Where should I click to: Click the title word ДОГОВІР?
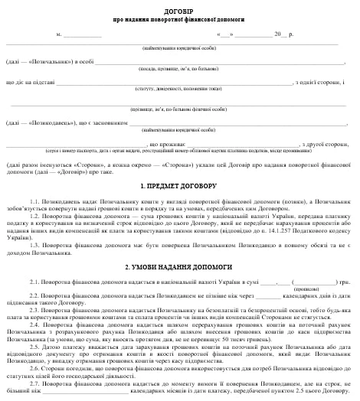pyautogui.click(x=178, y=7)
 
